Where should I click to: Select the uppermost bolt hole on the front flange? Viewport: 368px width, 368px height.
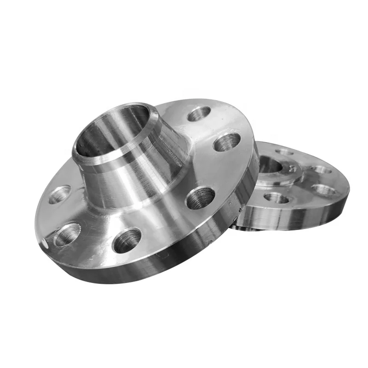(x=199, y=114)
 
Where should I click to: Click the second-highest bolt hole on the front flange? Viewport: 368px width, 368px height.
(x=227, y=142)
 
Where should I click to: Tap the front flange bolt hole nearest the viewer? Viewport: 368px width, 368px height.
(x=126, y=240)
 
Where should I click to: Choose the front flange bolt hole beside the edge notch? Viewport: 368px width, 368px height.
(x=67, y=235)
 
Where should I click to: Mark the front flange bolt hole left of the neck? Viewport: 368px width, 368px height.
(x=59, y=194)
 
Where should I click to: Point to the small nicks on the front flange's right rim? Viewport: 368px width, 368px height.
(x=240, y=209)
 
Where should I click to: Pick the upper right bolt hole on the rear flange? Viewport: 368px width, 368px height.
(x=321, y=170)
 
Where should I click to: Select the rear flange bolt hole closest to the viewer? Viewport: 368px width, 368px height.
(x=276, y=198)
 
